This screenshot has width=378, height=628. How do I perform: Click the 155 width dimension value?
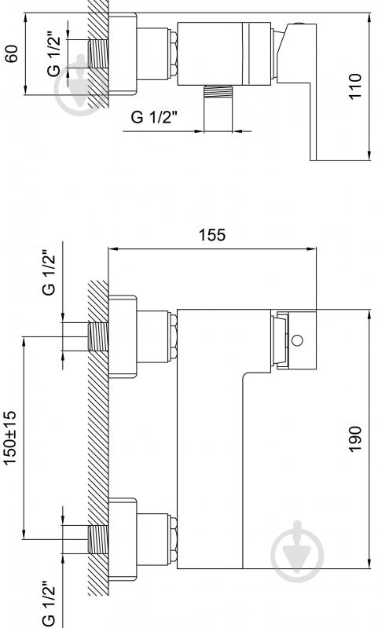coord(212,234)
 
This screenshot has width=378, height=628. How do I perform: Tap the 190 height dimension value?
coord(354,439)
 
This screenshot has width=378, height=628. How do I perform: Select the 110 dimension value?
coord(354,86)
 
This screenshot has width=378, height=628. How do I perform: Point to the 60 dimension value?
coord(12,53)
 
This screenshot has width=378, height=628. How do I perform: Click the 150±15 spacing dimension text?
coord(11,438)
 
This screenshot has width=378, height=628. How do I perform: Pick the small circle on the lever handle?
coord(297,340)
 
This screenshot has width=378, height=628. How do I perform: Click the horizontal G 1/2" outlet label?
coord(154,117)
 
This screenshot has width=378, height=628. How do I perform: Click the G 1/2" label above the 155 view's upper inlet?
coord(49,274)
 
